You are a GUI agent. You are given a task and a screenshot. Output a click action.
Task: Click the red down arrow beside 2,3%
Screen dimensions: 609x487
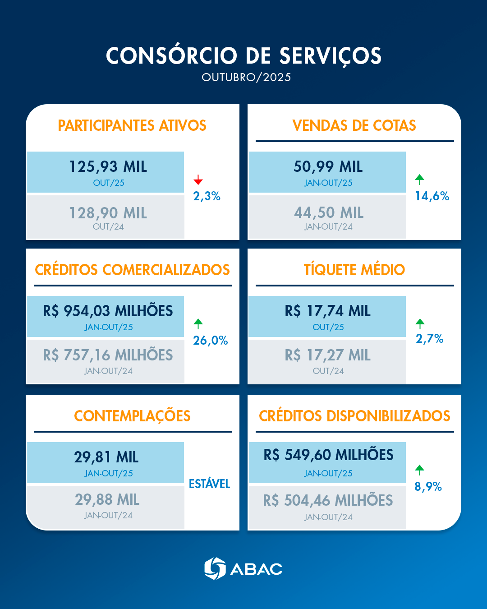pos(198,180)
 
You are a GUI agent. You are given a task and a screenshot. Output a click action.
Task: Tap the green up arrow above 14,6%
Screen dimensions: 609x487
pos(420,180)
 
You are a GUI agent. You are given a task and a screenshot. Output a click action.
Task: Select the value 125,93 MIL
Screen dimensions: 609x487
pos(108,167)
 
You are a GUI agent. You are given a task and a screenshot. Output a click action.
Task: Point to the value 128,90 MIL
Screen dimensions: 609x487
pos(108,213)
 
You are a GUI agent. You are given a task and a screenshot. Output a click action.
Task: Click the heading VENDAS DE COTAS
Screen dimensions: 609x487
pos(354,125)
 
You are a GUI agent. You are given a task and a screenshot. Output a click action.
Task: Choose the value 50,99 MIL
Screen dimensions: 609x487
pos(328,167)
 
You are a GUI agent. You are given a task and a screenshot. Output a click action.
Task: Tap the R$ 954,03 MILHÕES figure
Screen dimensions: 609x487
pos(108,311)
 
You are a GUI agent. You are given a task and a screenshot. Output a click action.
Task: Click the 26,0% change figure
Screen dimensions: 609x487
pos(210,341)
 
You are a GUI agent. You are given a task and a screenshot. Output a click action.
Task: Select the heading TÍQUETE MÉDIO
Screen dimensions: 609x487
pos(354,270)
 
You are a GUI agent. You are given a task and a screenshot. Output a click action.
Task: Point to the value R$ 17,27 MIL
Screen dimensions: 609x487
pos(327,355)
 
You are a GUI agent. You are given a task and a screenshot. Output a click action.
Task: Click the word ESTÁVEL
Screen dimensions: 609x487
pos(209,484)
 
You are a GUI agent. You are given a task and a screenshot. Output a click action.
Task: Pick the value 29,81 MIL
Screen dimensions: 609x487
pos(106,457)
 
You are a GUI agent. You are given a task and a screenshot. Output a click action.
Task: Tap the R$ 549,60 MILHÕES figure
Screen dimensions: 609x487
pos(328,455)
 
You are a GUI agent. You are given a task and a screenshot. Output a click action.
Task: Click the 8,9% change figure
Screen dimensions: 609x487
pos(428,487)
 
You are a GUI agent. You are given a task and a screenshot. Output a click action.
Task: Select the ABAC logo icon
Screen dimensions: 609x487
pos(215,568)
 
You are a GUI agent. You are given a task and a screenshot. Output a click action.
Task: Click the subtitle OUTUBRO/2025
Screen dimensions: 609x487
pos(246,78)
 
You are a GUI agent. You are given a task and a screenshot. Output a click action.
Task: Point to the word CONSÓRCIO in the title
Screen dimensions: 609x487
pos(171,56)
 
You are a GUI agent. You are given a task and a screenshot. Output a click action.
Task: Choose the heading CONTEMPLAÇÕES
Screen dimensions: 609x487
pos(132,416)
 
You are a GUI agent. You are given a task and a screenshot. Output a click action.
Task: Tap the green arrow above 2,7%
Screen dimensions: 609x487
pos(420,323)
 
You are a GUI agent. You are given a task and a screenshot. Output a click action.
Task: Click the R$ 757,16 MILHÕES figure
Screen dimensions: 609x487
pos(108,355)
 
